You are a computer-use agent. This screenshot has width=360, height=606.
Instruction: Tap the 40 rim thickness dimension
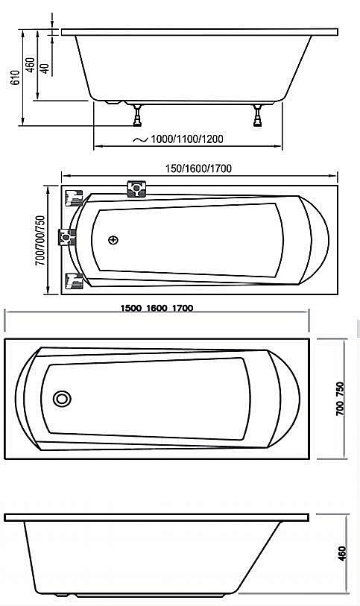(x=45, y=68)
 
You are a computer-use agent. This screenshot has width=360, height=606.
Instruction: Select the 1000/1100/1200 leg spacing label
(x=186, y=139)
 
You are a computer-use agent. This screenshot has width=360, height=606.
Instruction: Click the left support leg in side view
(x=138, y=115)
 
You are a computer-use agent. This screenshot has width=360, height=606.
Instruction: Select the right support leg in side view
(x=258, y=115)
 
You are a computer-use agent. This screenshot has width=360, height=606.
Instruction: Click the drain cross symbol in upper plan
(x=113, y=240)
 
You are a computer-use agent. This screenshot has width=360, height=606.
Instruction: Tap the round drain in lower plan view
(x=61, y=398)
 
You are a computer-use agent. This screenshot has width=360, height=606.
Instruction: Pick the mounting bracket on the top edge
(x=138, y=188)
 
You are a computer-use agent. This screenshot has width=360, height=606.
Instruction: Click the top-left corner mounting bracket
(x=75, y=198)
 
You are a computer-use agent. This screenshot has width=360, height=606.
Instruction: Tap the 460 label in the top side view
(x=30, y=64)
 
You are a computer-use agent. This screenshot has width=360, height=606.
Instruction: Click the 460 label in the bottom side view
(x=342, y=555)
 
